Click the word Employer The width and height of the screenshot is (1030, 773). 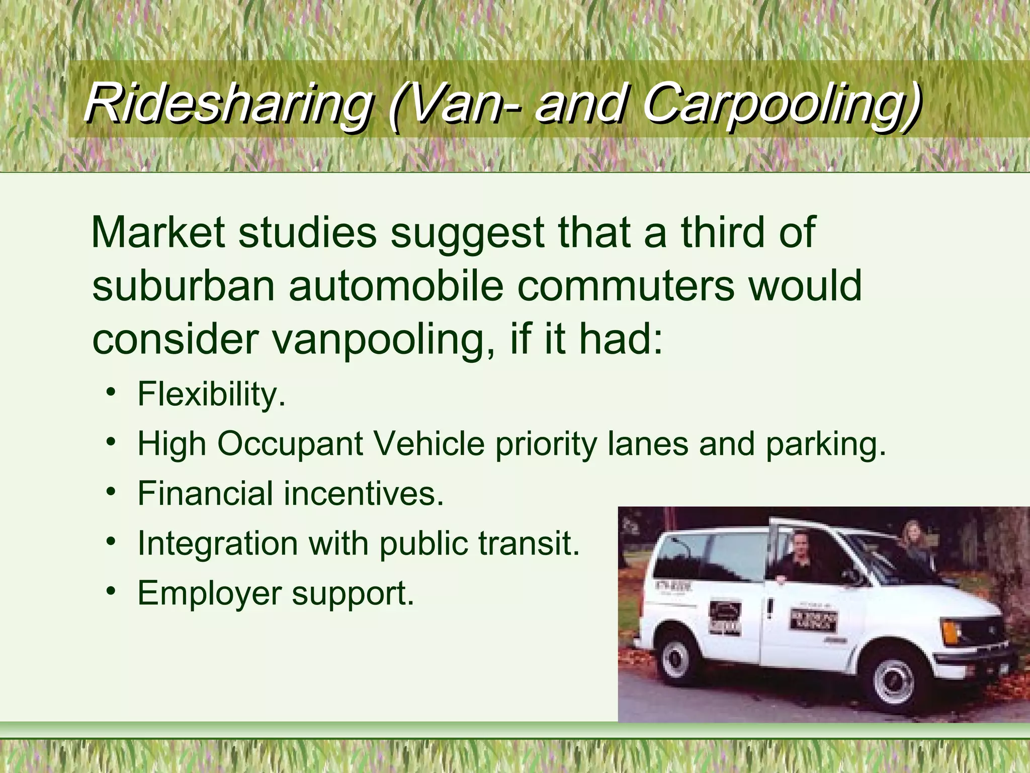209,594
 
